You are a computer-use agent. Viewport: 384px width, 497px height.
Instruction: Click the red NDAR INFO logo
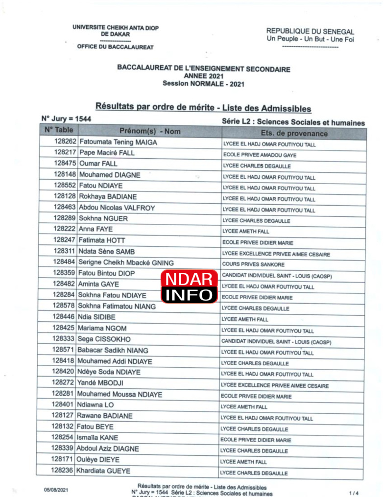coord(190,286)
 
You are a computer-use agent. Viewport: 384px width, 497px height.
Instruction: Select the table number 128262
coord(65,142)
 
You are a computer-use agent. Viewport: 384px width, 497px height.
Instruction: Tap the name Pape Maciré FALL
coord(107,153)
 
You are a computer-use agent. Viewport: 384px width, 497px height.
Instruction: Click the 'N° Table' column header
coord(58,131)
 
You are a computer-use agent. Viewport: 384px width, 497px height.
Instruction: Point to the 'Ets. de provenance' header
coord(294,133)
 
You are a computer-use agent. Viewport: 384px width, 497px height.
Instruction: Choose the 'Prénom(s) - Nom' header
coord(150,131)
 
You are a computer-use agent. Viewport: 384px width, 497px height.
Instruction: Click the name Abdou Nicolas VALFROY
coord(117,208)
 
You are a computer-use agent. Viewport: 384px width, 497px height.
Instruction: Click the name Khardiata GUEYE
coord(104,471)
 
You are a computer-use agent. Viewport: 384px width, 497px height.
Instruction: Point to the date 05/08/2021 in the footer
coord(56,489)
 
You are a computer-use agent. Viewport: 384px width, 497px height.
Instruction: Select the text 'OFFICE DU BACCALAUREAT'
coord(115,47)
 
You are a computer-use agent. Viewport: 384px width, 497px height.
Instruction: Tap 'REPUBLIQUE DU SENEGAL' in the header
coord(310,31)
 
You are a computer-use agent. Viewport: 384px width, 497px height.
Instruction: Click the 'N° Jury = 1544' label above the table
coord(66,118)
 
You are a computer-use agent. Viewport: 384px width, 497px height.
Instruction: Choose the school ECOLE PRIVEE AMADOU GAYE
coord(259,155)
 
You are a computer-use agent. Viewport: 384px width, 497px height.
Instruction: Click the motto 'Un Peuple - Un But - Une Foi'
coord(310,39)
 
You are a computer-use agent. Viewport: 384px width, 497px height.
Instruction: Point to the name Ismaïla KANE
coord(98,438)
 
